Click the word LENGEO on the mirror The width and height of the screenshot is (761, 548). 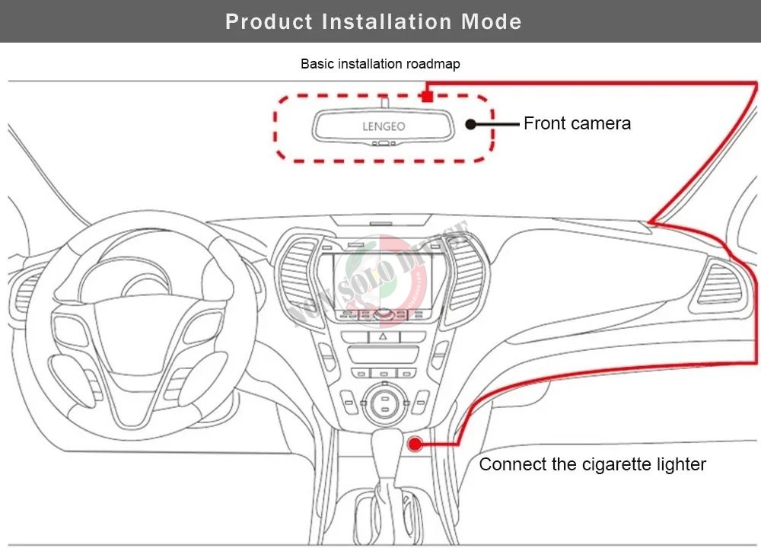384,126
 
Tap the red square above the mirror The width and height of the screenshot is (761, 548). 428,96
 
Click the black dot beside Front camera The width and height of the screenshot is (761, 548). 470,123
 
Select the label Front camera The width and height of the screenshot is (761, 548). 577,123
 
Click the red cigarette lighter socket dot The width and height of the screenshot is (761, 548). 415,444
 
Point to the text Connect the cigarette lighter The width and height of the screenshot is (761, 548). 592,464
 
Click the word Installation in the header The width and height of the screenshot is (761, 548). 387,21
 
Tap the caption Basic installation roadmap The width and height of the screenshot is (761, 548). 380,64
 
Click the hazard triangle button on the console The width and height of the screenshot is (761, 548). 382,336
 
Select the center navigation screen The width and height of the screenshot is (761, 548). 383,280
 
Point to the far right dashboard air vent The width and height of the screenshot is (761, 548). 719,286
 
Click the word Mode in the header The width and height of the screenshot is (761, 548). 492,21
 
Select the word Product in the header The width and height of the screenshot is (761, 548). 269,21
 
